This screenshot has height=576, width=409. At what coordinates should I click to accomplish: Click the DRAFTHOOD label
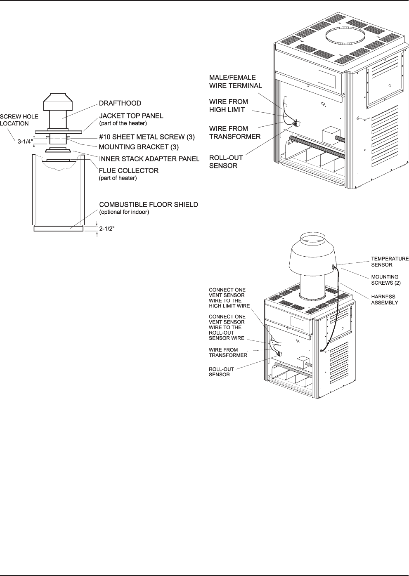coord(120,103)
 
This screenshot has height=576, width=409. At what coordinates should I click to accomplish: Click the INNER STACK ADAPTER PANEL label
coord(149,159)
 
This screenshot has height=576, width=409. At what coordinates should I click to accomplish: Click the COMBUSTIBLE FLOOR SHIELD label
coord(149,205)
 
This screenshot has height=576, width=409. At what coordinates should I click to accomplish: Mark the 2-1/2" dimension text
coord(109,227)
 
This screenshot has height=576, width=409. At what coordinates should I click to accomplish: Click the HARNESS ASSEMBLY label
coord(383,299)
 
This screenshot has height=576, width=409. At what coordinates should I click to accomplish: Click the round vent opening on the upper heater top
coord(345,36)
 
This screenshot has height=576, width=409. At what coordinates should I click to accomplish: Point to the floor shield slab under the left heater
coord(59,228)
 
